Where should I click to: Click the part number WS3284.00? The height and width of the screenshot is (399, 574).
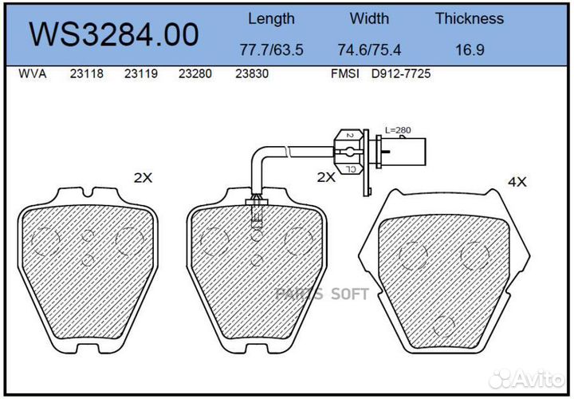coord(113,34)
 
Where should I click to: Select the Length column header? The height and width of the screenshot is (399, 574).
coord(271,18)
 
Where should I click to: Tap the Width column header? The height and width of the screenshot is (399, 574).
coord(369,18)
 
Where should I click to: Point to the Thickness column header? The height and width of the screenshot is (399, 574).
coord(469,18)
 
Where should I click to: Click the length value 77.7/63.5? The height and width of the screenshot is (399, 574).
coord(271,49)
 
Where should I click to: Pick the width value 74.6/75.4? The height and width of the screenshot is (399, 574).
coord(369,49)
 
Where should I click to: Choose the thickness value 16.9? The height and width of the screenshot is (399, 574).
coord(469,49)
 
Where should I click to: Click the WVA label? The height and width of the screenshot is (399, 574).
coord(32,73)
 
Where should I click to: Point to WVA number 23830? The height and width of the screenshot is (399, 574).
coord(251,73)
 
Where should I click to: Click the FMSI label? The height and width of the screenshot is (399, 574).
coord(346,73)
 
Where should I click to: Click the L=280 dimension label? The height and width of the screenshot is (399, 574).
coord(398,129)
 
